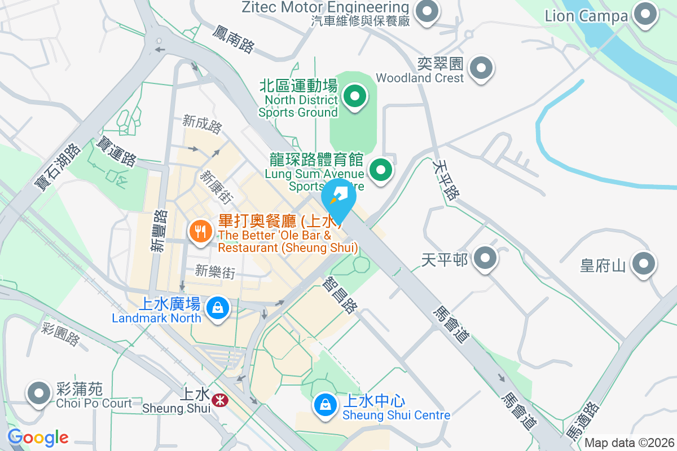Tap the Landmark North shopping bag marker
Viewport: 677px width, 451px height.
[217, 309]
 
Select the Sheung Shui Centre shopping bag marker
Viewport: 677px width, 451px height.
[325, 404]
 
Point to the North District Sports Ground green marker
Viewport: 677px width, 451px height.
[354, 96]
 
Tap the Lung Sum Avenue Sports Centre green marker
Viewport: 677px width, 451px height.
[381, 169]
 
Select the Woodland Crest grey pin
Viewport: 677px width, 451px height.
[481, 68]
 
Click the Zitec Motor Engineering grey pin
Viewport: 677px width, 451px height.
[427, 11]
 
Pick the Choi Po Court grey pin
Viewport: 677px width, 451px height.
[39, 393]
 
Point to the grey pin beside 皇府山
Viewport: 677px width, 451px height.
[644, 263]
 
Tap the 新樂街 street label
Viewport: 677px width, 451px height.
[215, 272]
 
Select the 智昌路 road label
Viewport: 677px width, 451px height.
[341, 294]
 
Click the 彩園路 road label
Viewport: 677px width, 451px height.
[61, 333]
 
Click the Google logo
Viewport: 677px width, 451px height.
[38, 437]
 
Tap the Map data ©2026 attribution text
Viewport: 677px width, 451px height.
[628, 443]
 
